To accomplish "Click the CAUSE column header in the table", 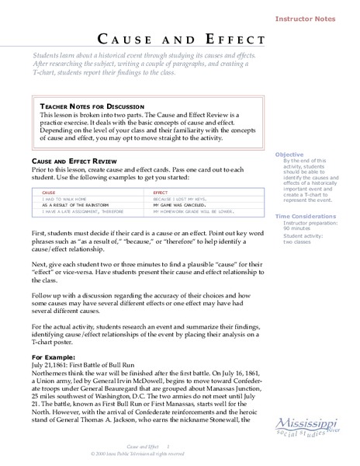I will (47, 191).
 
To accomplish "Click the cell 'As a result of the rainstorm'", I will (74, 206).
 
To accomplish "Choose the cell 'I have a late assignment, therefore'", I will (81, 212).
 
